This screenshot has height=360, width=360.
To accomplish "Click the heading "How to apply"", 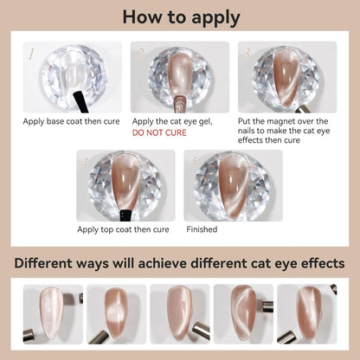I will (x=180, y=17).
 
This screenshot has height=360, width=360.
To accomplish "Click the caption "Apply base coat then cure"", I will (x=72, y=122).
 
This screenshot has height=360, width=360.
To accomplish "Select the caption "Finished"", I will (x=202, y=230).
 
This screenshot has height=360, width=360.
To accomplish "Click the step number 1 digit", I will (x=32, y=54).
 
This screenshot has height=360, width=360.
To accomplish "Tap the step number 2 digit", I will (x=140, y=54).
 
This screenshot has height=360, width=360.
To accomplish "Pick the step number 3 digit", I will (x=247, y=54).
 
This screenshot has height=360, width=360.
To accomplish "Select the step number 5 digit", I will (x=194, y=162).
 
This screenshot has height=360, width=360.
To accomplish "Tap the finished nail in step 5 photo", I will (x=234, y=183).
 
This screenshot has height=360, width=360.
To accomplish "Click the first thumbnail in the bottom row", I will (x=53, y=314).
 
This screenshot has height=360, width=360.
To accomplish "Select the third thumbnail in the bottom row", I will (x=180, y=314).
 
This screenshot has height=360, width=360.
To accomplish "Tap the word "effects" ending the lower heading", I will (x=316, y=263).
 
